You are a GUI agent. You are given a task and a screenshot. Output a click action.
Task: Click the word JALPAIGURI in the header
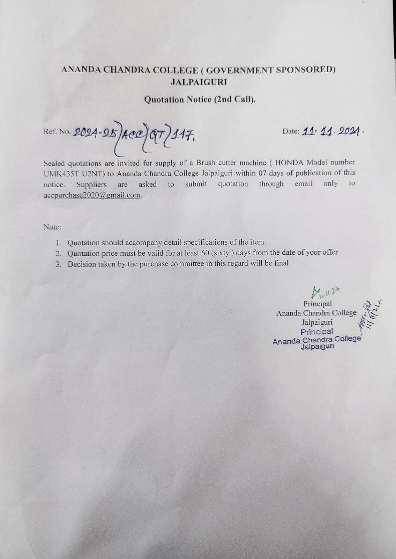click(x=199, y=82)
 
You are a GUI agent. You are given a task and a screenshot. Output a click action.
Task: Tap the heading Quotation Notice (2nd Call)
click(x=200, y=100)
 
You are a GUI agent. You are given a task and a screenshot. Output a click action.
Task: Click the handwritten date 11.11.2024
click(x=331, y=132)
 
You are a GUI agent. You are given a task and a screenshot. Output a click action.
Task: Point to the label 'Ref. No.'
click(x=57, y=132)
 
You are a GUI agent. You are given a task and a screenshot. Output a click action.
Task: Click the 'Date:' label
click(x=291, y=131)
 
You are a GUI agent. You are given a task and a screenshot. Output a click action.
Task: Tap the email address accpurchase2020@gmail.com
click(x=92, y=195)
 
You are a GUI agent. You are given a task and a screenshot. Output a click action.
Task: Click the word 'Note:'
click(x=52, y=227)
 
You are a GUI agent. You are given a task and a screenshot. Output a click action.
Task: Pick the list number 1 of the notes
click(x=58, y=242)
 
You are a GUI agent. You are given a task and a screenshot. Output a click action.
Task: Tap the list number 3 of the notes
click(x=58, y=264)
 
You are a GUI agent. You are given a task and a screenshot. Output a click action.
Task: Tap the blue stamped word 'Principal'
click(x=317, y=331)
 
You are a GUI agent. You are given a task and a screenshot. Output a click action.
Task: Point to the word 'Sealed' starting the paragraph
click(x=55, y=163)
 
